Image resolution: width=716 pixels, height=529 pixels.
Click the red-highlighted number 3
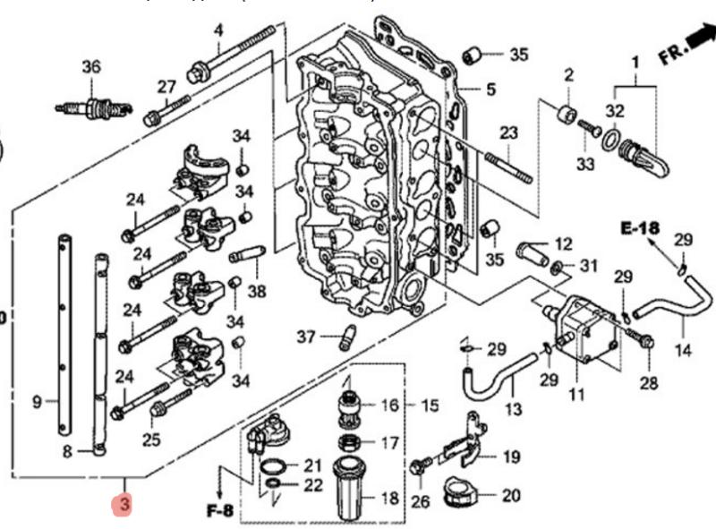pos(125,505)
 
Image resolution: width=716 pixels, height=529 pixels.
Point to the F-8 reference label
pos(219,512)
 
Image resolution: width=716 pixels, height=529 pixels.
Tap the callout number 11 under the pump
pos(575,394)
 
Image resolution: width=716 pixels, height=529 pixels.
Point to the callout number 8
pos(66,452)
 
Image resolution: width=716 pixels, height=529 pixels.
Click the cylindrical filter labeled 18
pos(353,488)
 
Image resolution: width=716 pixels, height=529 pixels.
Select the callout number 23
pos(508,133)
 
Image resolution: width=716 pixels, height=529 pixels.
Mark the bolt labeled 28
pos(643,340)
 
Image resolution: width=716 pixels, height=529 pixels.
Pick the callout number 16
pos(389,405)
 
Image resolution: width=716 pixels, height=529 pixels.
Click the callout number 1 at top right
pos(635,64)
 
